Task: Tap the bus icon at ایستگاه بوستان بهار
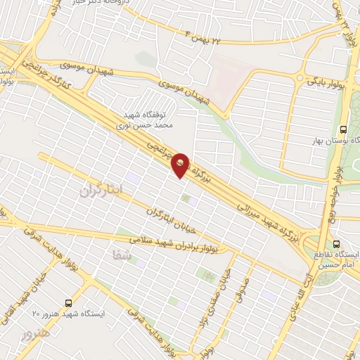coord(342,129)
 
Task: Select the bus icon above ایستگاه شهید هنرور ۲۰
coord(67,301)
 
